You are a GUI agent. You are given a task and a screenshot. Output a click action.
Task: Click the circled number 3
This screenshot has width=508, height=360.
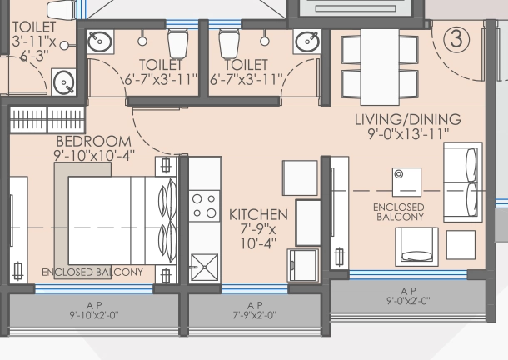click(456, 39)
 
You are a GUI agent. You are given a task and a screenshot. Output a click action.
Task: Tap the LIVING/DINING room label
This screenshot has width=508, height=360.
click(408, 119)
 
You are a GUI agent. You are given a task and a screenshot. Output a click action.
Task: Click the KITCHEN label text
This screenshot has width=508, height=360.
click(258, 215)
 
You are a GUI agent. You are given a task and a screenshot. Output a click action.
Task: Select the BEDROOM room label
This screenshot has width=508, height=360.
click(93, 142)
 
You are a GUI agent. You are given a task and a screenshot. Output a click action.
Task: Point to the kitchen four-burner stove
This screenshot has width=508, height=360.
click(204, 206)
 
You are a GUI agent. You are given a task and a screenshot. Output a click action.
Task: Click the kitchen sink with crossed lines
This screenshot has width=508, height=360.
click(204, 267)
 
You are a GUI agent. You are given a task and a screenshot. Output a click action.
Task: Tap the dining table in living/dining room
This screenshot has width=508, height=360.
click(380, 67)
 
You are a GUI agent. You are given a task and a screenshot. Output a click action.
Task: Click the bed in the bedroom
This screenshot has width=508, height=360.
click(122, 221)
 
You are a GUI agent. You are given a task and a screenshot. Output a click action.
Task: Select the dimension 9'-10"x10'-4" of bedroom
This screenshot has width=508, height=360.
click(94, 155)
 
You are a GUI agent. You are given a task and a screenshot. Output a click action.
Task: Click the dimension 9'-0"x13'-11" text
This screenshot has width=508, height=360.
click(408, 133)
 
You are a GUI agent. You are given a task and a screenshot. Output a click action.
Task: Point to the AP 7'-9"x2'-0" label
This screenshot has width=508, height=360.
click(255, 310)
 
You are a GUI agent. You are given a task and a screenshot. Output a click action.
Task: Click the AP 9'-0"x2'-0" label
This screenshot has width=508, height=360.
click(408, 296)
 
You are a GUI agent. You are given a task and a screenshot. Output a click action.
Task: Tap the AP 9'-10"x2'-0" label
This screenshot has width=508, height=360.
click(94, 310)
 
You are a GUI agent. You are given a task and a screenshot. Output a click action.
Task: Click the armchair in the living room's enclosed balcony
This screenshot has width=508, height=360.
click(416, 247)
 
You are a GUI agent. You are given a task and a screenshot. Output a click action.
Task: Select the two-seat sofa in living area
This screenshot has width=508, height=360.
click(463, 182)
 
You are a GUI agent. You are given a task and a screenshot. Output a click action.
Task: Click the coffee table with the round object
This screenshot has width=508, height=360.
click(406, 182)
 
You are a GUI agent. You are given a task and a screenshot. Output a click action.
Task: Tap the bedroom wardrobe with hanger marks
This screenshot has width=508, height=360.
click(47, 120)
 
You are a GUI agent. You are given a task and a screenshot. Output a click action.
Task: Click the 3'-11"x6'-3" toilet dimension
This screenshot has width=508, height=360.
click(33, 48)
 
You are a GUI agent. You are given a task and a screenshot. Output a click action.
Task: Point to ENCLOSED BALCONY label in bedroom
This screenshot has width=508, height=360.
click(92, 272)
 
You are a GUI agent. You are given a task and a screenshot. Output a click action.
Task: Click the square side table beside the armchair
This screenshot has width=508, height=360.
click(461, 245)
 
